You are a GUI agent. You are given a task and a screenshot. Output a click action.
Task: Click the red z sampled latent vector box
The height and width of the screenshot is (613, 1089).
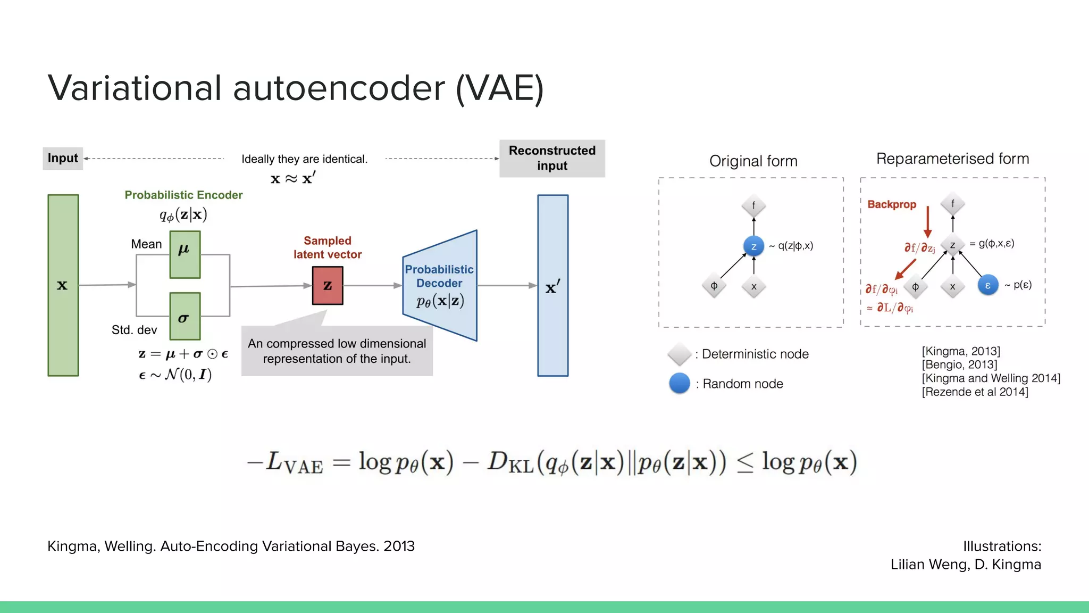click(328, 286)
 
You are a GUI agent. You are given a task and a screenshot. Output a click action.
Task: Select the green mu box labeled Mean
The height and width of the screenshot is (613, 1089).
click(185, 254)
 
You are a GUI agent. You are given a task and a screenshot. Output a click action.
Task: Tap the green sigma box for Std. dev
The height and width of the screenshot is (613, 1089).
click(185, 316)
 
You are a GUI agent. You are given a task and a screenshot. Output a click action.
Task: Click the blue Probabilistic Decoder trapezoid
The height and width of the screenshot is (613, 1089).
click(440, 286)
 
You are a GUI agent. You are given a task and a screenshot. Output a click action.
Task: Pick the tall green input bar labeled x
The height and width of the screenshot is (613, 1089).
click(63, 285)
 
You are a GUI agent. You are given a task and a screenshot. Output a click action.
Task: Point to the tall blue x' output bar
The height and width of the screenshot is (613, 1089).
click(552, 286)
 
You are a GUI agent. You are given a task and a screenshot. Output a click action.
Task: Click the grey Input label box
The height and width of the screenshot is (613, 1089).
click(63, 158)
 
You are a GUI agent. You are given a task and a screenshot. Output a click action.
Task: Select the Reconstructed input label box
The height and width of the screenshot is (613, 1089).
click(552, 158)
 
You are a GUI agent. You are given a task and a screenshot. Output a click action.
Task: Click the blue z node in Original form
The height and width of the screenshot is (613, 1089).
click(753, 246)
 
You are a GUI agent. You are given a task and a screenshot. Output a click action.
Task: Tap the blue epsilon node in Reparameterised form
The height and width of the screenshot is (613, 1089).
click(987, 285)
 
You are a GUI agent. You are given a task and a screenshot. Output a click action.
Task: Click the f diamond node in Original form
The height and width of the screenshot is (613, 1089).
click(753, 206)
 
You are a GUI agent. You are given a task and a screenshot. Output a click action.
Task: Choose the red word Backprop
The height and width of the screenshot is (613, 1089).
click(892, 204)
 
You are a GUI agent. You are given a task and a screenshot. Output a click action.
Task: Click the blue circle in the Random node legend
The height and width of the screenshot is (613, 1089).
click(679, 384)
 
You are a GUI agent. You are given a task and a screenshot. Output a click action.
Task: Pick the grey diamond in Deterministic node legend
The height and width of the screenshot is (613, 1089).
click(679, 354)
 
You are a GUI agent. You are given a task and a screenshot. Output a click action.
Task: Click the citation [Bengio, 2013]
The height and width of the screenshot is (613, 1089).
click(959, 365)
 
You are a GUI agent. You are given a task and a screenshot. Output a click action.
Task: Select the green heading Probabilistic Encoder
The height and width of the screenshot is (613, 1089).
click(183, 195)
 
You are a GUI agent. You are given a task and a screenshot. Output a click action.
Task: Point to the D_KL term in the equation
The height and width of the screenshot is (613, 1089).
click(509, 462)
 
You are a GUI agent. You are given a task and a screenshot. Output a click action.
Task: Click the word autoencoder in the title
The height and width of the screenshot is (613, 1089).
click(339, 88)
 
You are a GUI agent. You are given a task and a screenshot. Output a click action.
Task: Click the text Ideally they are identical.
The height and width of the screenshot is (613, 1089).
click(304, 159)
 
